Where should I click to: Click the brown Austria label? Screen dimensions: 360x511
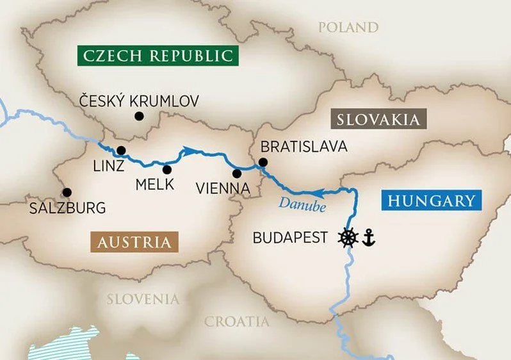coord(134,242)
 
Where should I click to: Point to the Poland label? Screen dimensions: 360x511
coord(349,27)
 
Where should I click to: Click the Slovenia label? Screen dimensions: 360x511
coord(143,299)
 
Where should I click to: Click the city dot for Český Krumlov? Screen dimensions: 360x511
coord(138,116)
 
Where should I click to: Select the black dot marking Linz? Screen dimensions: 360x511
coord(121,151)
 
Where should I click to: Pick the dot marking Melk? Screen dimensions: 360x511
coord(167,170)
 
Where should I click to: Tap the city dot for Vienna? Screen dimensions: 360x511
coord(237,173)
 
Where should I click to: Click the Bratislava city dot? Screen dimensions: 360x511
coord(262,162)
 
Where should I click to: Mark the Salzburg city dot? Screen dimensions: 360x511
coord(67,192)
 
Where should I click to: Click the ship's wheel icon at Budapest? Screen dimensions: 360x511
coord(348,237)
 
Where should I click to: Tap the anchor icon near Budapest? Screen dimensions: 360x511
coord(368,238)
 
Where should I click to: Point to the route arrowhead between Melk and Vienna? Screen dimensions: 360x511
coord(188,151)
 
